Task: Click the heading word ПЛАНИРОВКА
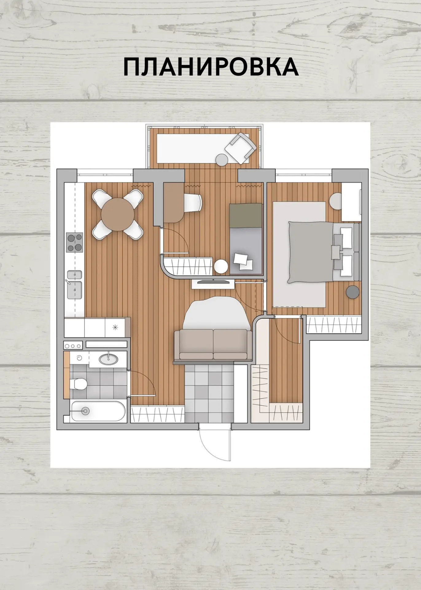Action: (x=211, y=67)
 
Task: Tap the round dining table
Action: (x=118, y=214)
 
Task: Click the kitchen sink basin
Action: (x=74, y=290)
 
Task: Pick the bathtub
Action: (x=98, y=411)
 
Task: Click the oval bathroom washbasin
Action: (x=108, y=359)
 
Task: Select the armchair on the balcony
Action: (x=240, y=147)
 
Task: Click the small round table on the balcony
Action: (x=221, y=159)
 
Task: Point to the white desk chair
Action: (x=193, y=203)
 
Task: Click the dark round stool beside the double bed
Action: (x=353, y=292)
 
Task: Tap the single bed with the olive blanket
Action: (x=246, y=239)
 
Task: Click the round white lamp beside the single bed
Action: (x=221, y=266)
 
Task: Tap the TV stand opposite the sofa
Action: (x=213, y=283)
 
